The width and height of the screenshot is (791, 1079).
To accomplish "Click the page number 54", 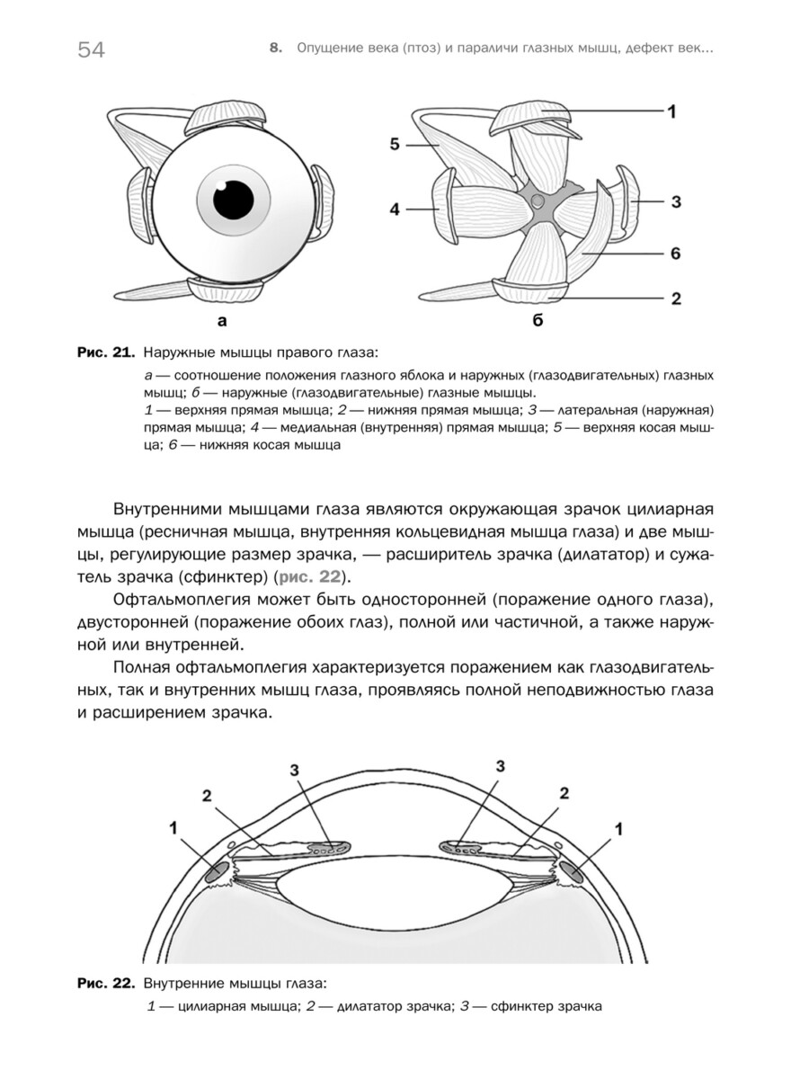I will pos(91,50).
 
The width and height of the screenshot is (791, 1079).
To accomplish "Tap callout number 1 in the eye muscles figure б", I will pos(671,111).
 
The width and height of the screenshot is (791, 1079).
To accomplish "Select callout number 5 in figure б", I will pos(395,143).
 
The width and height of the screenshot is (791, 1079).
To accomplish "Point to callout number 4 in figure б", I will pos(394,210).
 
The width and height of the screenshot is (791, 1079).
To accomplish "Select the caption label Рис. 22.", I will pos(104,983).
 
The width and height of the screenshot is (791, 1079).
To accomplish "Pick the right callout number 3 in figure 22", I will pos(501,766).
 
